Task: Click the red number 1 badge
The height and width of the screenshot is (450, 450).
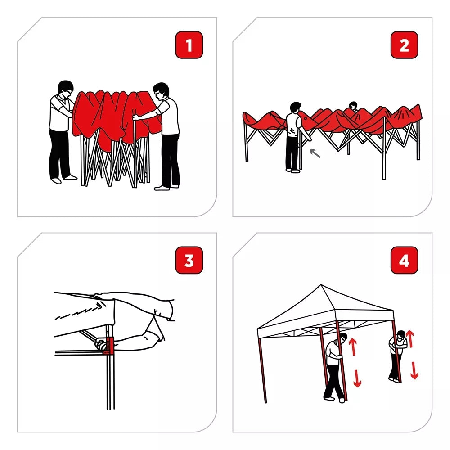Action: (189, 45)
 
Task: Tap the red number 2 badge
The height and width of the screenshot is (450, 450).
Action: (405, 45)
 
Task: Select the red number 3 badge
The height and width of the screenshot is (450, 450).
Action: (189, 260)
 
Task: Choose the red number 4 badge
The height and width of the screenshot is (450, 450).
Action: (405, 260)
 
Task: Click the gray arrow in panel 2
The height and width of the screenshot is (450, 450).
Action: (315, 153)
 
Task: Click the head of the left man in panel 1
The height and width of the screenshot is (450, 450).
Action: (66, 88)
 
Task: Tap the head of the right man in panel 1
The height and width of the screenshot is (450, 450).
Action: (161, 91)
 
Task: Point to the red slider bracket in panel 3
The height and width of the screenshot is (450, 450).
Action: (108, 346)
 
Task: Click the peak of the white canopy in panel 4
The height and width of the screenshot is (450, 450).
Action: (321, 285)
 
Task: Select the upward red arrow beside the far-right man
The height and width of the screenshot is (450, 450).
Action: (410, 339)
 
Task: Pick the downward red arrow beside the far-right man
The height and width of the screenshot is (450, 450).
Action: (414, 370)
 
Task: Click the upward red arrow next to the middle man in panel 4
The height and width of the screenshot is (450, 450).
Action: (353, 346)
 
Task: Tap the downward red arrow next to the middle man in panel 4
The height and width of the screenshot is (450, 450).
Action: (357, 378)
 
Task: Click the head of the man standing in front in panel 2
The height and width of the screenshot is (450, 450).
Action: (295, 108)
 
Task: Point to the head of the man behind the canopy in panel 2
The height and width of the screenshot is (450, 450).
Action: (353, 106)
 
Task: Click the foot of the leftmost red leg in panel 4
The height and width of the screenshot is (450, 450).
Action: (265, 401)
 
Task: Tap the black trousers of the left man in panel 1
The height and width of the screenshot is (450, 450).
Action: (60, 155)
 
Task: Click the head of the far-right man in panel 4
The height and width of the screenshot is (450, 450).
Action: (401, 335)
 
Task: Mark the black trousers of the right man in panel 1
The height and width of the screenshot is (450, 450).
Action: (171, 161)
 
